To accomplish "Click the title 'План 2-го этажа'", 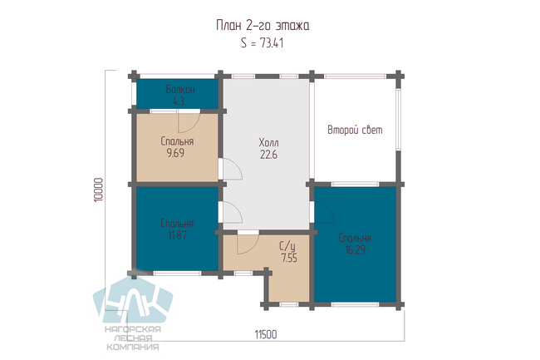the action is (263, 25).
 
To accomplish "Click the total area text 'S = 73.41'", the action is (262, 43).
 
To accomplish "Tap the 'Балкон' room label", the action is (180, 90).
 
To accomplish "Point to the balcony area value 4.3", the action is (179, 101).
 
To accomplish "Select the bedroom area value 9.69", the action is (175, 153).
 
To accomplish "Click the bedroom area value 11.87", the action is (177, 235).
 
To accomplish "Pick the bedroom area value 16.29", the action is (355, 249).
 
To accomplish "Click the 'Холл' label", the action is (268, 143).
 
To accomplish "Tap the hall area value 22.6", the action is (268, 155).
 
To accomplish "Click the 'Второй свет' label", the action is (355, 130).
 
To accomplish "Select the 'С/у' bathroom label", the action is (287, 246).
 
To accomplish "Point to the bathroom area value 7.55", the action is (289, 258).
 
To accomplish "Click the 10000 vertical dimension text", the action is (99, 190).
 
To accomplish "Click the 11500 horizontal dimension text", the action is (266, 334).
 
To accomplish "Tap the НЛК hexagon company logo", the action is (133, 300).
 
